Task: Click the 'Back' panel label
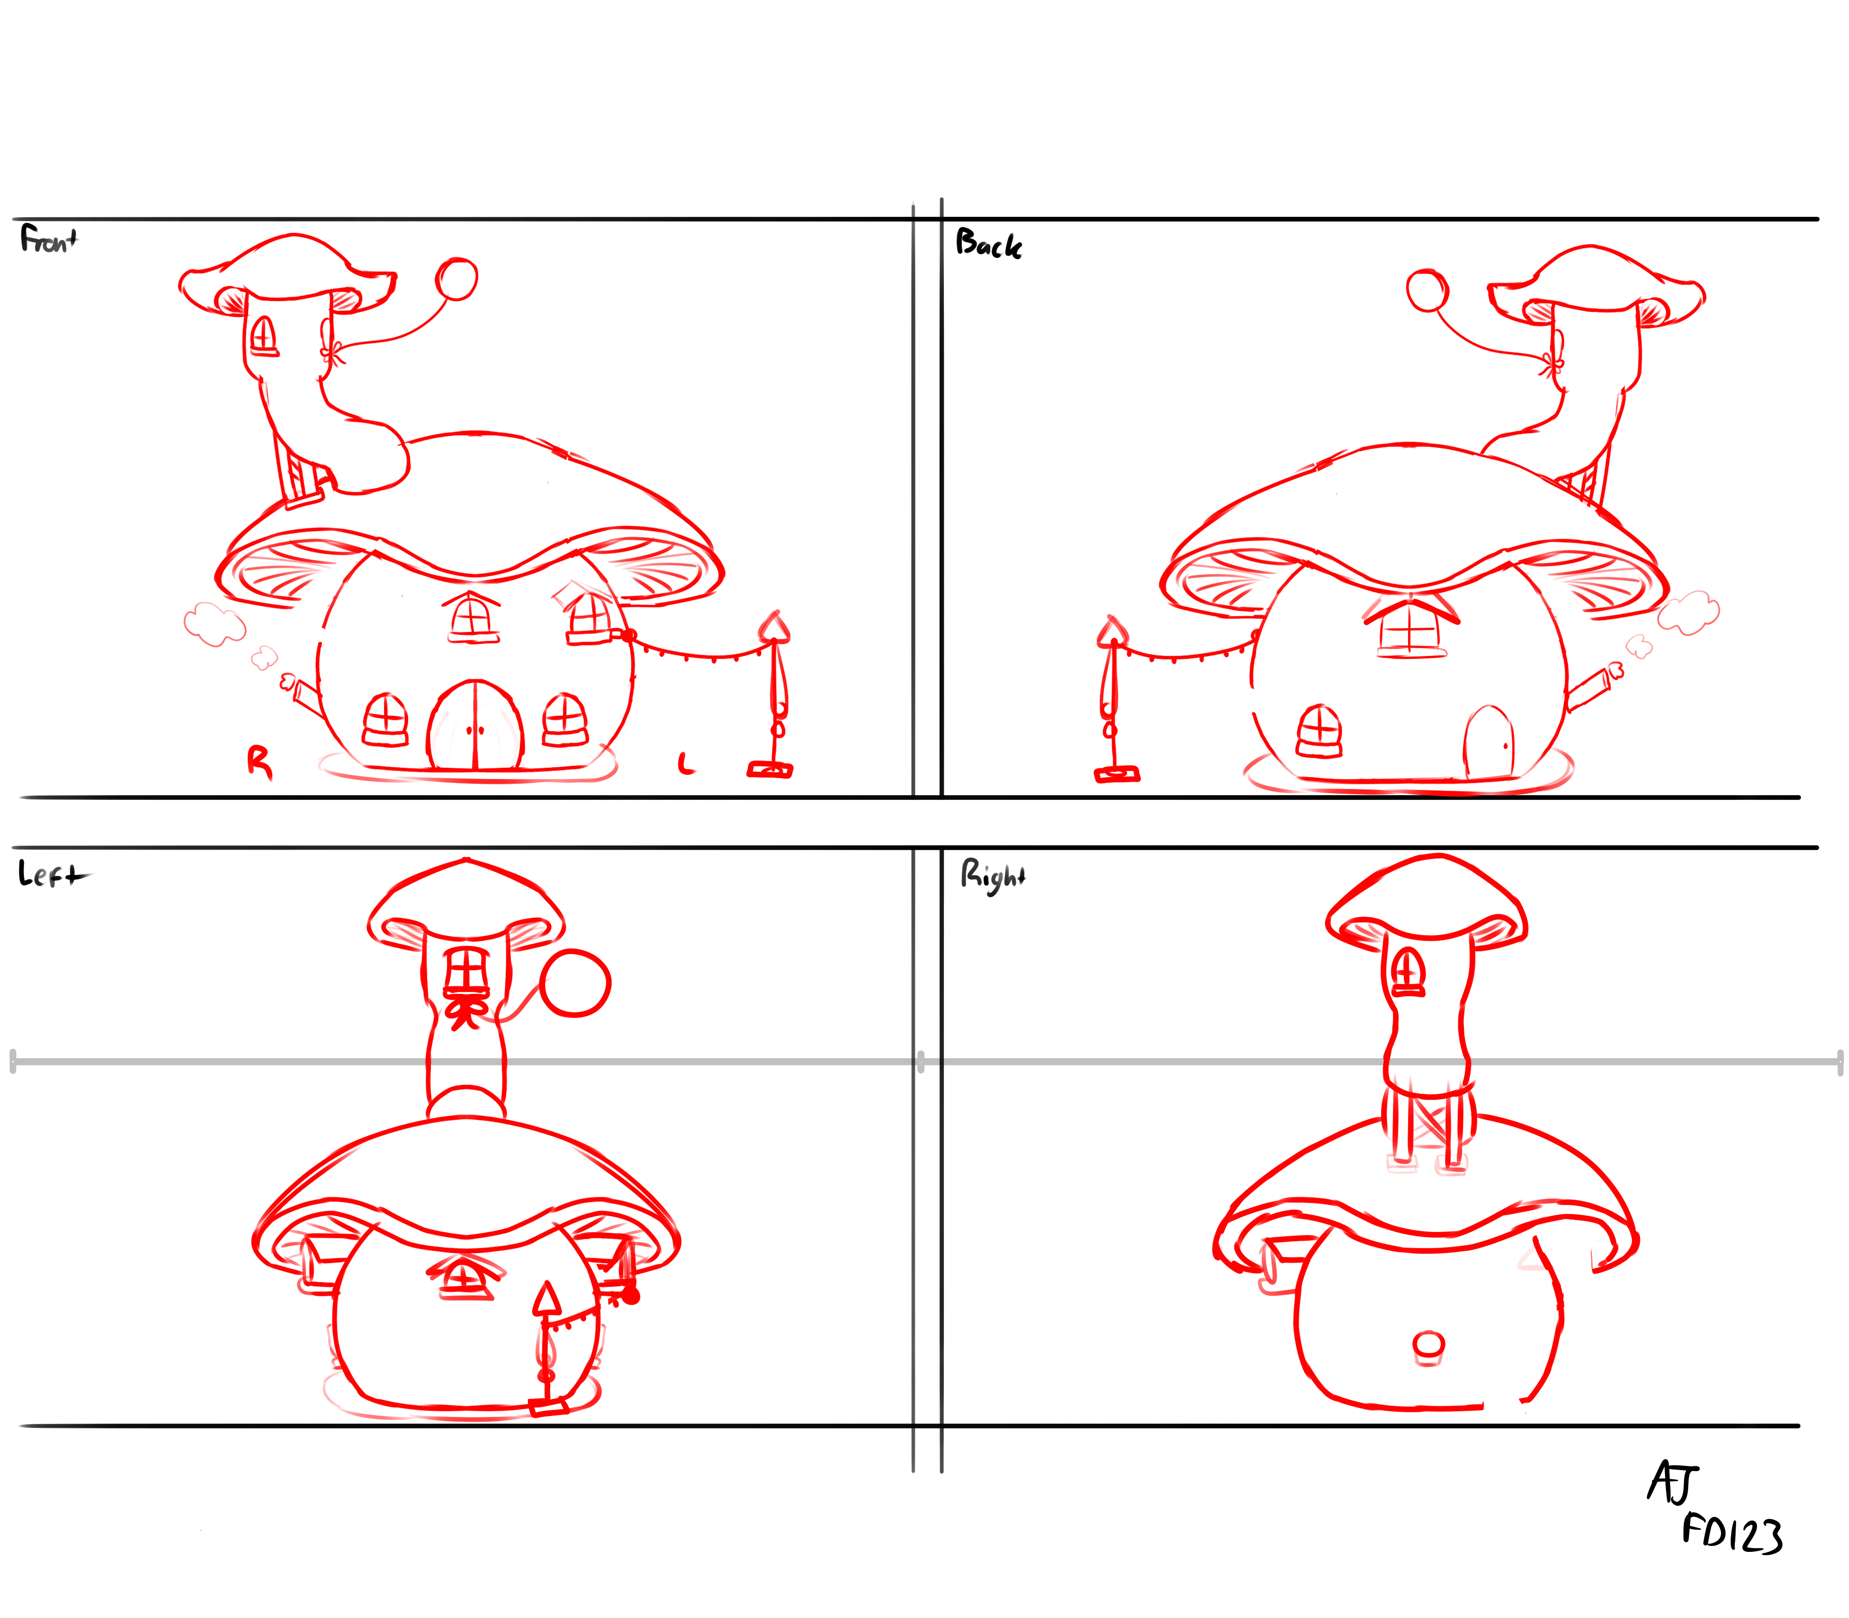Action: tap(989, 244)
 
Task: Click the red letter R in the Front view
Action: tap(259, 762)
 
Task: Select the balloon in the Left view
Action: tap(575, 983)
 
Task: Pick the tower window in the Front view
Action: tap(263, 336)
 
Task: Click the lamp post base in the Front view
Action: tap(770, 770)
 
